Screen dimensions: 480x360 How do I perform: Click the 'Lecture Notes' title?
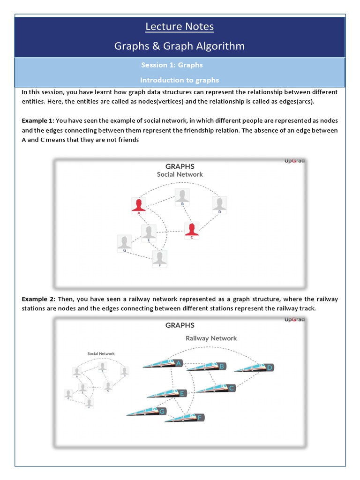click(x=180, y=27)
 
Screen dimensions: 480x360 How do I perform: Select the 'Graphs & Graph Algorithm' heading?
click(x=180, y=46)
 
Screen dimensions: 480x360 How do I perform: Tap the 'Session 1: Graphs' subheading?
click(x=172, y=65)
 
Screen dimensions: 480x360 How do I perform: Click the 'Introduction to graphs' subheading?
click(x=180, y=80)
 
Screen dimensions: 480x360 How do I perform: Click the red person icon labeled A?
click(x=139, y=204)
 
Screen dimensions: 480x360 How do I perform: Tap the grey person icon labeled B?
click(x=182, y=196)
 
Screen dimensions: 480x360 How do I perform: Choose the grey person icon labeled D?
click(x=219, y=204)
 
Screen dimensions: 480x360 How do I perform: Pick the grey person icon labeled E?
click(x=149, y=232)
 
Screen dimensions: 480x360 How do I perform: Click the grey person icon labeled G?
click(x=124, y=242)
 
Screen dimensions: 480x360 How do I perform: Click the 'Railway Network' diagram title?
click(x=211, y=338)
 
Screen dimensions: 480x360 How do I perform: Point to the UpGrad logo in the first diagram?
click(x=294, y=161)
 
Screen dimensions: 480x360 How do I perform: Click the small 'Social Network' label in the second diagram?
click(x=101, y=353)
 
